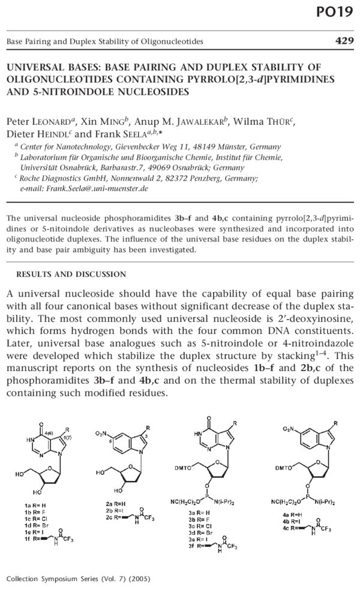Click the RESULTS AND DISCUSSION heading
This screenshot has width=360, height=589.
[x=71, y=274]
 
